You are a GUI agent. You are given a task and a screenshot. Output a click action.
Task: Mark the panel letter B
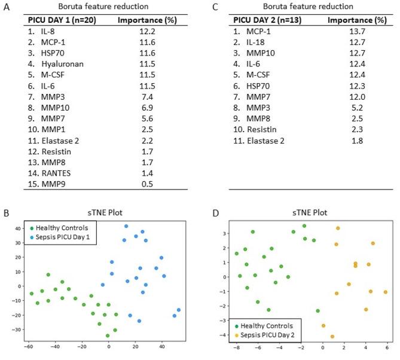(x=5, y=211)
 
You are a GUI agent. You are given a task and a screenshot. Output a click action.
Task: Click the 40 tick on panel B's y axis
(x=18, y=229)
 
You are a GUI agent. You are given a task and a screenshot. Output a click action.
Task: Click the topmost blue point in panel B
(x=126, y=226)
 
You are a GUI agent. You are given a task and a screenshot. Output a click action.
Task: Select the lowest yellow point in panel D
(x=332, y=336)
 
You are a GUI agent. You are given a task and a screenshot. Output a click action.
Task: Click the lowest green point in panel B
(x=108, y=335)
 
